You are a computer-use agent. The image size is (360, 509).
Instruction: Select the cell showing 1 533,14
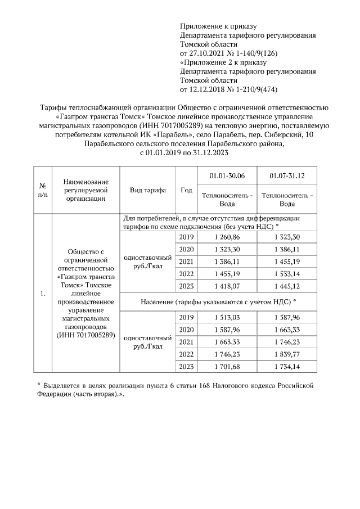(285, 273)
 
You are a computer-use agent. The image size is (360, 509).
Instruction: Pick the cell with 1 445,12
(285, 286)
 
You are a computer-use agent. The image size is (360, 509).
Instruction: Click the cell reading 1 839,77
(285, 354)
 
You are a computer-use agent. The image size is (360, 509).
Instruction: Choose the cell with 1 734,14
(285, 366)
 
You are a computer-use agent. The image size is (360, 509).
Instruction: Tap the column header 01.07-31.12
(285, 175)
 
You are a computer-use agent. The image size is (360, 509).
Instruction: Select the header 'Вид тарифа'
(148, 190)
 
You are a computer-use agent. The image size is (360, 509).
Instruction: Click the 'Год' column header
(186, 190)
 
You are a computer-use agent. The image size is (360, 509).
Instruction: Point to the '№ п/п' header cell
(43, 190)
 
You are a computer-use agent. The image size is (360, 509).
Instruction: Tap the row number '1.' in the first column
(43, 293)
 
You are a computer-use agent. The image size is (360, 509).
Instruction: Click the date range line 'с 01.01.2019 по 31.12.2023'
(184, 152)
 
